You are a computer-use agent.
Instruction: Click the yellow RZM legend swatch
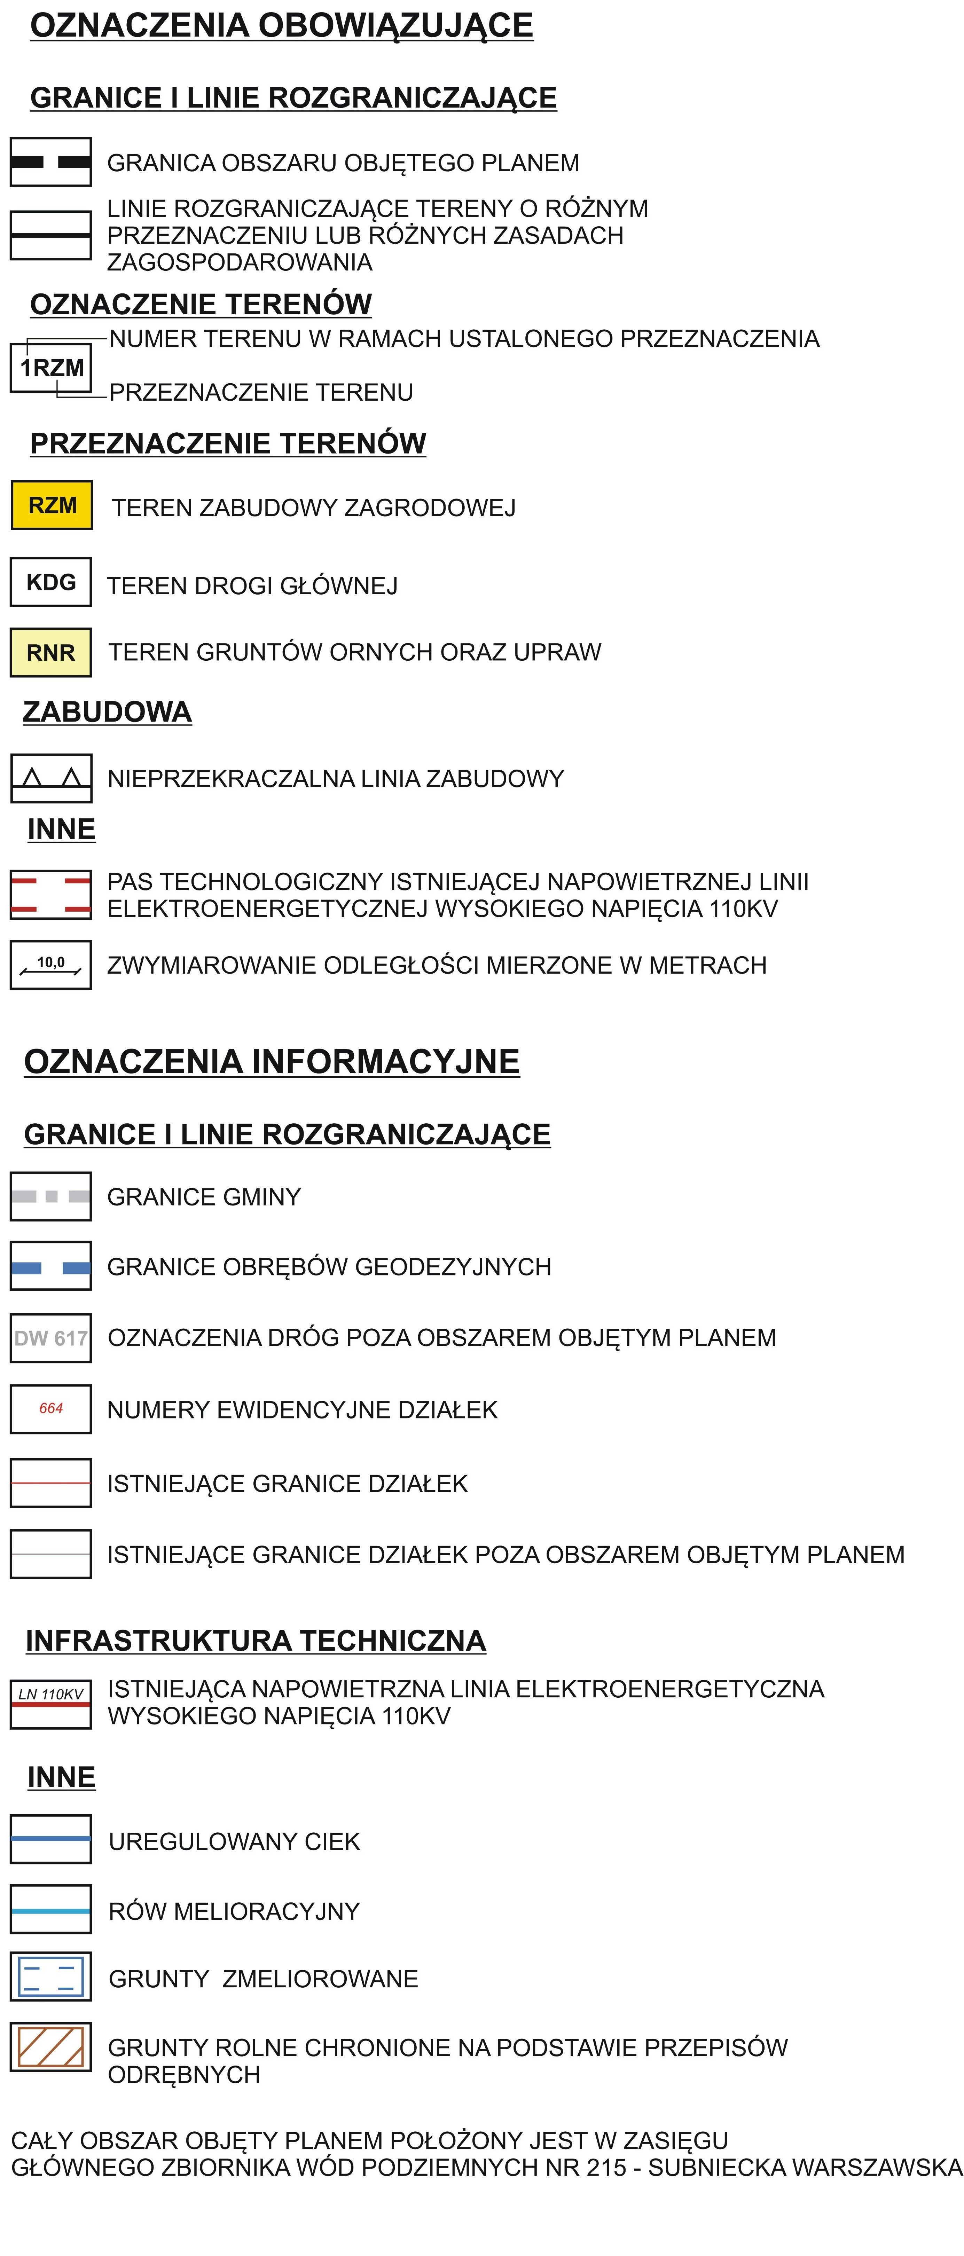pos(52,505)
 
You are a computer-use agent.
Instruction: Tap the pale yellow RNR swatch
pos(51,652)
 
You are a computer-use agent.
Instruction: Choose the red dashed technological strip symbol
pos(51,894)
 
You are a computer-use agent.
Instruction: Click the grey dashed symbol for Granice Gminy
pos(51,1196)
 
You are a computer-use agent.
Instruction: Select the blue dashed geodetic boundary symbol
pos(51,1266)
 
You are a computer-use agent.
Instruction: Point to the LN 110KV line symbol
pos(51,1703)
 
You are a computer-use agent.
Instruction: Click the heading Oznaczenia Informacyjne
pos(272,1061)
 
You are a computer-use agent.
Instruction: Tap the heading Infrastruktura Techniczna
pos(256,1640)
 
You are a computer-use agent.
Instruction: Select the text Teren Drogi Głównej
pos(252,586)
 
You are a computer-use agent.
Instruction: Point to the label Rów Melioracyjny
pos(234,1911)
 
